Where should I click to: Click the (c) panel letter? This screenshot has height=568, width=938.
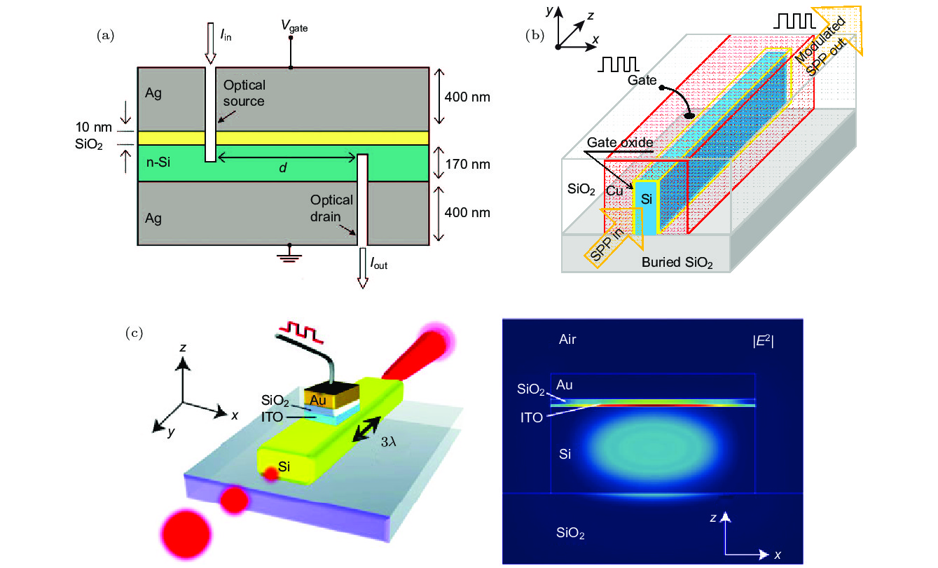pos(133,332)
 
